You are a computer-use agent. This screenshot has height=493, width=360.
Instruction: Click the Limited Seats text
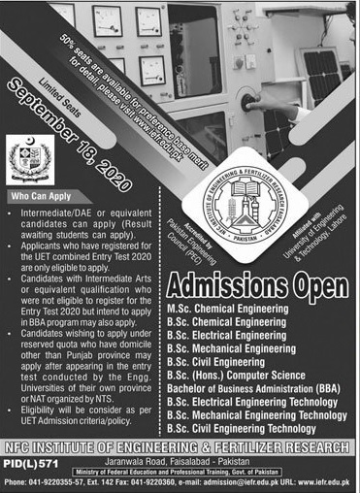59,94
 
